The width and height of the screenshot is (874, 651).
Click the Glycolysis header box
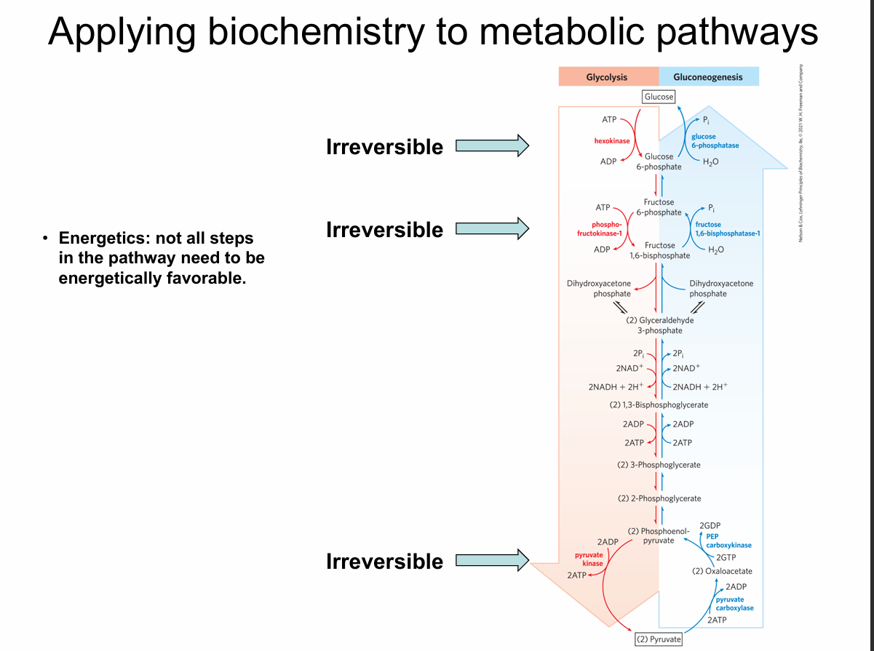coord(608,77)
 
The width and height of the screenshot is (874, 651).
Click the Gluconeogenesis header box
coord(708,77)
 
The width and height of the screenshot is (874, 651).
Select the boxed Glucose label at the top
coord(659,97)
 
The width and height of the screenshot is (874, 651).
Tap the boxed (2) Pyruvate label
coord(659,639)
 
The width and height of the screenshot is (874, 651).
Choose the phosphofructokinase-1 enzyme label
coord(606,228)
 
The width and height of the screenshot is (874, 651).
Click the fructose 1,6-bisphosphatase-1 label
coord(727,228)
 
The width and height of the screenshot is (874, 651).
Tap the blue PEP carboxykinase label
coord(728,540)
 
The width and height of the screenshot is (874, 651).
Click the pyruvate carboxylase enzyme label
coord(734,603)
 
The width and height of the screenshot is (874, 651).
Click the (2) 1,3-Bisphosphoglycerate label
coord(659,404)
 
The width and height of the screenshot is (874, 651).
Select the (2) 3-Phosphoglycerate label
coord(659,465)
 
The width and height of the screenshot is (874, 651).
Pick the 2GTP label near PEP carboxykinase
coord(726,557)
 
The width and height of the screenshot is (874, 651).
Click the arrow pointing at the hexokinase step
coord(492,145)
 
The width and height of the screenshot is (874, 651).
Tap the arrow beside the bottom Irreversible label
coord(492,561)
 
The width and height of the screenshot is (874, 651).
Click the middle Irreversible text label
coord(384,230)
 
